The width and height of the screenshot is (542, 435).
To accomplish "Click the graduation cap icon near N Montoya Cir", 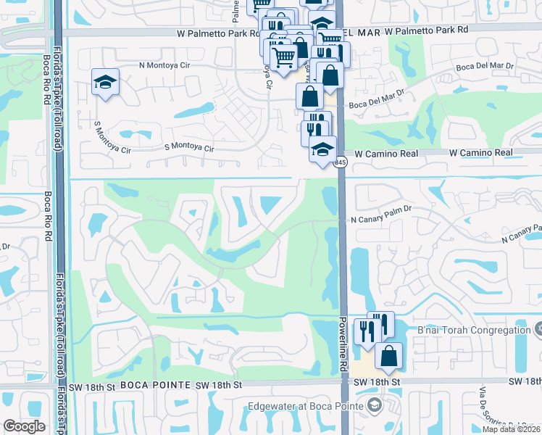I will pos(105,82).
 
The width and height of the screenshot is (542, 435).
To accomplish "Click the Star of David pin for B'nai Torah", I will pos(537,331).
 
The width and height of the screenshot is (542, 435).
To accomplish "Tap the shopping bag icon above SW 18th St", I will pos(388,355).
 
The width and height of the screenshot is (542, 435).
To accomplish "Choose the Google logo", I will pos(24,426).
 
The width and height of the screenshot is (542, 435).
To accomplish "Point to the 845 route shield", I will pos(340,164).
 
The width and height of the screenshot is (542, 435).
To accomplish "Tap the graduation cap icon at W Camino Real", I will pos(323,150).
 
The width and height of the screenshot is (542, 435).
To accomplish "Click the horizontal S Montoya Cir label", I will pos(190,148).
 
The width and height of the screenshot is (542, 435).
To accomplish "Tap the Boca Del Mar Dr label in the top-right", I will pos(483,65).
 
